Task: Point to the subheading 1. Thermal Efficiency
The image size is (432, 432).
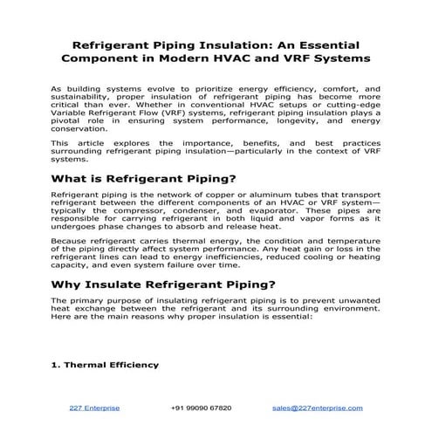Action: tap(105, 365)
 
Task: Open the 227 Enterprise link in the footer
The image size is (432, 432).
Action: tap(94, 408)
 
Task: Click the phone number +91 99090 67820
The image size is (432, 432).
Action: tap(201, 408)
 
